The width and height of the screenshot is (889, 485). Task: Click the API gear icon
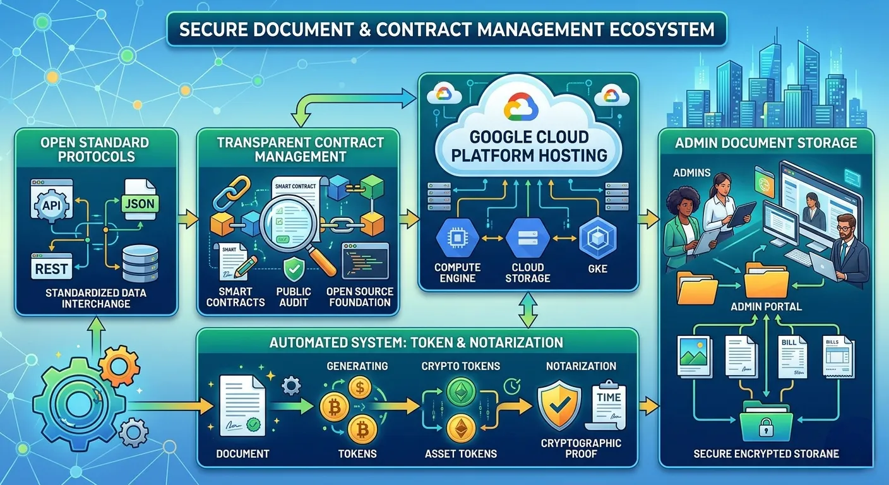click(x=52, y=205)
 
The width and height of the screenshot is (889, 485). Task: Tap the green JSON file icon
click(x=140, y=200)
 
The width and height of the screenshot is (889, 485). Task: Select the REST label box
click(x=52, y=268)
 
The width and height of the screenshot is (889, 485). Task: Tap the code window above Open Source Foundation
click(x=365, y=261)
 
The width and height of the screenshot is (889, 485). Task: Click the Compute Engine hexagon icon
click(x=457, y=237)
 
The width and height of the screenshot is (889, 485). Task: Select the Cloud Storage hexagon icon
click(x=527, y=237)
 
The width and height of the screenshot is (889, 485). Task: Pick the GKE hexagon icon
click(x=598, y=237)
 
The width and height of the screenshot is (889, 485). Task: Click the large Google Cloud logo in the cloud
click(x=521, y=106)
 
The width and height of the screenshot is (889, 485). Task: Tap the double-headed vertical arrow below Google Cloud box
click(x=528, y=310)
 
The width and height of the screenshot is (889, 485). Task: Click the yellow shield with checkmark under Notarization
click(x=559, y=405)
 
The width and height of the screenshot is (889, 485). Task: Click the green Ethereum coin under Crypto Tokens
click(x=461, y=392)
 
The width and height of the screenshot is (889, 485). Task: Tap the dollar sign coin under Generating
click(x=359, y=387)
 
